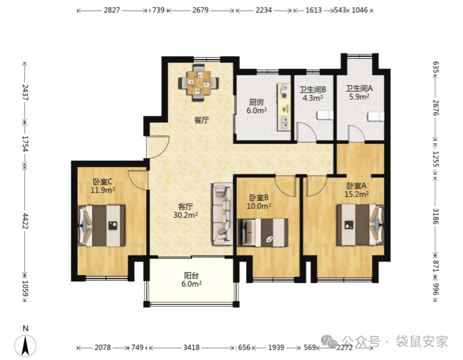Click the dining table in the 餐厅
pyautogui.click(x=199, y=82)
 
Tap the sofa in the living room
pyautogui.click(x=222, y=214)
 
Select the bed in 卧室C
pyautogui.click(x=101, y=226)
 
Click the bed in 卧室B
pyautogui.click(x=263, y=232)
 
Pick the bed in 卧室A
pyautogui.click(x=360, y=224)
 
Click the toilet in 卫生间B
pyautogui.click(x=325, y=116)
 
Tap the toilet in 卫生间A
pyautogui.click(x=376, y=117)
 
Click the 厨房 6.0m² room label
pyautogui.click(x=256, y=107)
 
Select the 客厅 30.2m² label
pyautogui.click(x=185, y=211)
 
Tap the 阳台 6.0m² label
pyautogui.click(x=191, y=280)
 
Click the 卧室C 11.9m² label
pyautogui.click(x=102, y=186)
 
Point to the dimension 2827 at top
pyautogui.click(x=112, y=10)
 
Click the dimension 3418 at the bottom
pyautogui.click(x=191, y=348)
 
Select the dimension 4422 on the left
pyautogui.click(x=25, y=221)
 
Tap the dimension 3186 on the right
pyautogui.click(x=436, y=216)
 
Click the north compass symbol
pyautogui.click(x=25, y=345)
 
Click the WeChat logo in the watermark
pyautogui.click(x=329, y=342)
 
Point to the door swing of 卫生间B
pyautogui.click(x=307, y=132)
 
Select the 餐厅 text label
pyautogui.click(x=201, y=121)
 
